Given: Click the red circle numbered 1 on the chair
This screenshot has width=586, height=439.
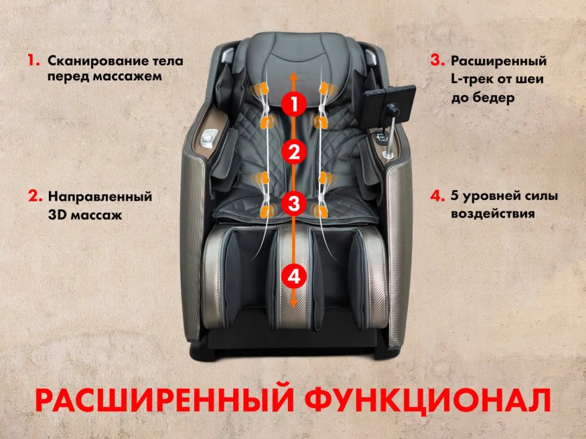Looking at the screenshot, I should pyautogui.click(x=293, y=104).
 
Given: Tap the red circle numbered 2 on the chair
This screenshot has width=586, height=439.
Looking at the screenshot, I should pyautogui.click(x=293, y=152).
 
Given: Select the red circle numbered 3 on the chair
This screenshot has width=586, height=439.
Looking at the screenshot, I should pyautogui.click(x=293, y=203).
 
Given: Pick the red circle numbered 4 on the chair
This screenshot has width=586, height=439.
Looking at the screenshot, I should pyautogui.click(x=293, y=274).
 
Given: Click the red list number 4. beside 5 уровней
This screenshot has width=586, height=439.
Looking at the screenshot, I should pyautogui.click(x=437, y=197).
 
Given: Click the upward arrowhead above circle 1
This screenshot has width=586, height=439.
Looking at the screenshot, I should pyautogui.click(x=293, y=78).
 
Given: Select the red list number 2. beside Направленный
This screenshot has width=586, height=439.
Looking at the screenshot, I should pyautogui.click(x=35, y=197).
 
